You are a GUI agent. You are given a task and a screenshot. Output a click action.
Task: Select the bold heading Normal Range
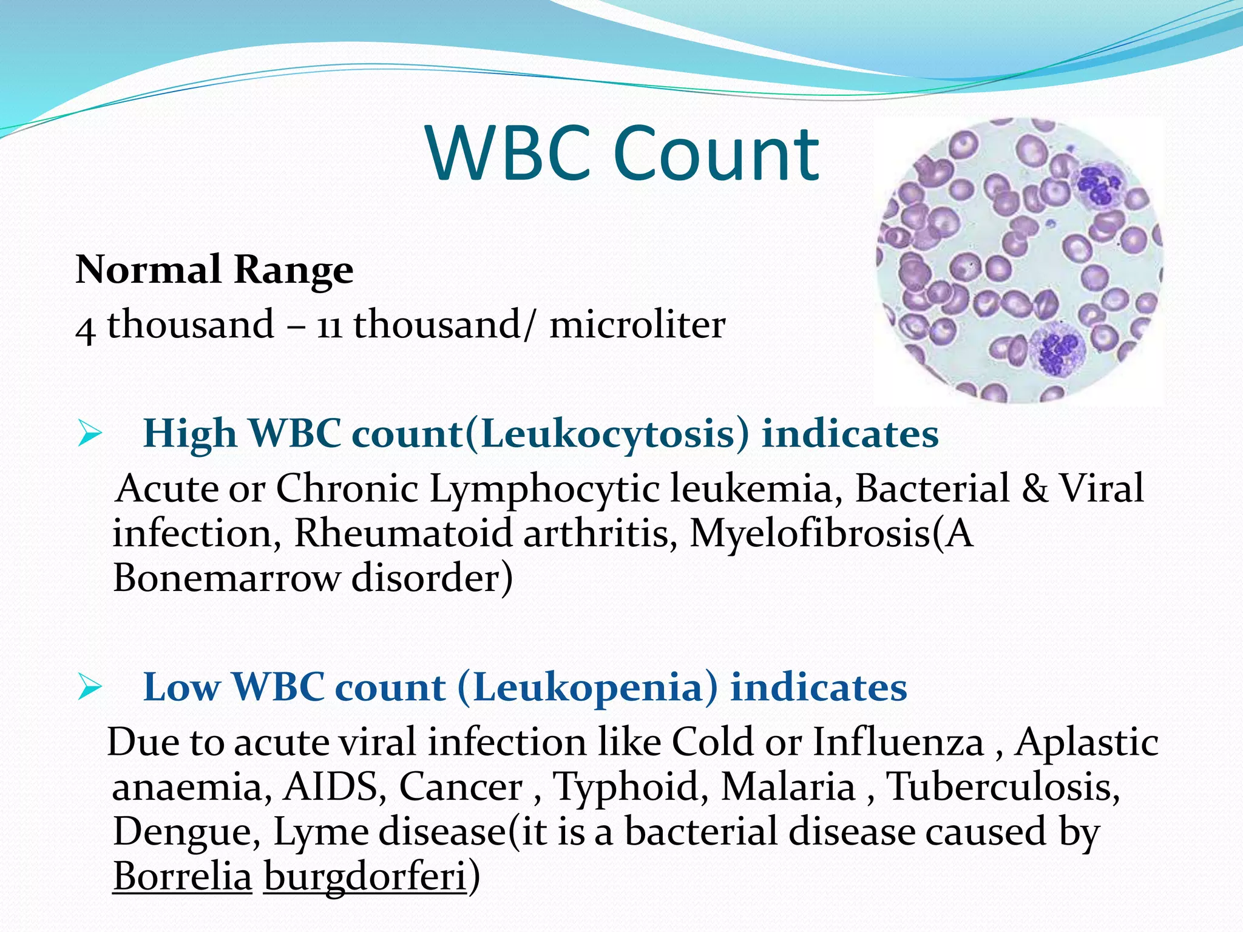pyautogui.click(x=214, y=269)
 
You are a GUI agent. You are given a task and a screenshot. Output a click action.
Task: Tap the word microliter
pyautogui.click(x=637, y=325)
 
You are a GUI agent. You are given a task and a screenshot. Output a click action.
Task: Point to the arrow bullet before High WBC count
pyautogui.click(x=89, y=434)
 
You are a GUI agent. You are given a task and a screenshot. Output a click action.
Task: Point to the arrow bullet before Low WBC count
pyautogui.click(x=89, y=688)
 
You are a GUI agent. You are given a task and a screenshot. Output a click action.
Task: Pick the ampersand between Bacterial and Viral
pyautogui.click(x=1035, y=488)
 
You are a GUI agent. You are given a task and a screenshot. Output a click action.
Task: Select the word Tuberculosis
pyautogui.click(x=1003, y=787)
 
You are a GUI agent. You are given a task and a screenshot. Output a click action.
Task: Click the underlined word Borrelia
pyautogui.click(x=182, y=877)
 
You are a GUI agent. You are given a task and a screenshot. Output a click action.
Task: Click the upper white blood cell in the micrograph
pyautogui.click(x=1099, y=185)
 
